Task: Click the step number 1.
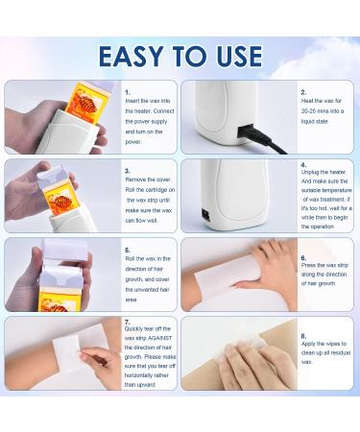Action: (127, 92)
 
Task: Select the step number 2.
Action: (302, 92)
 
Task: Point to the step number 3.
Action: (127, 170)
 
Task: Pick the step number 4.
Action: (302, 165)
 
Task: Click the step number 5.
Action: (127, 249)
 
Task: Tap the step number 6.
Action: (302, 258)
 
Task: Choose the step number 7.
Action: (127, 324)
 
